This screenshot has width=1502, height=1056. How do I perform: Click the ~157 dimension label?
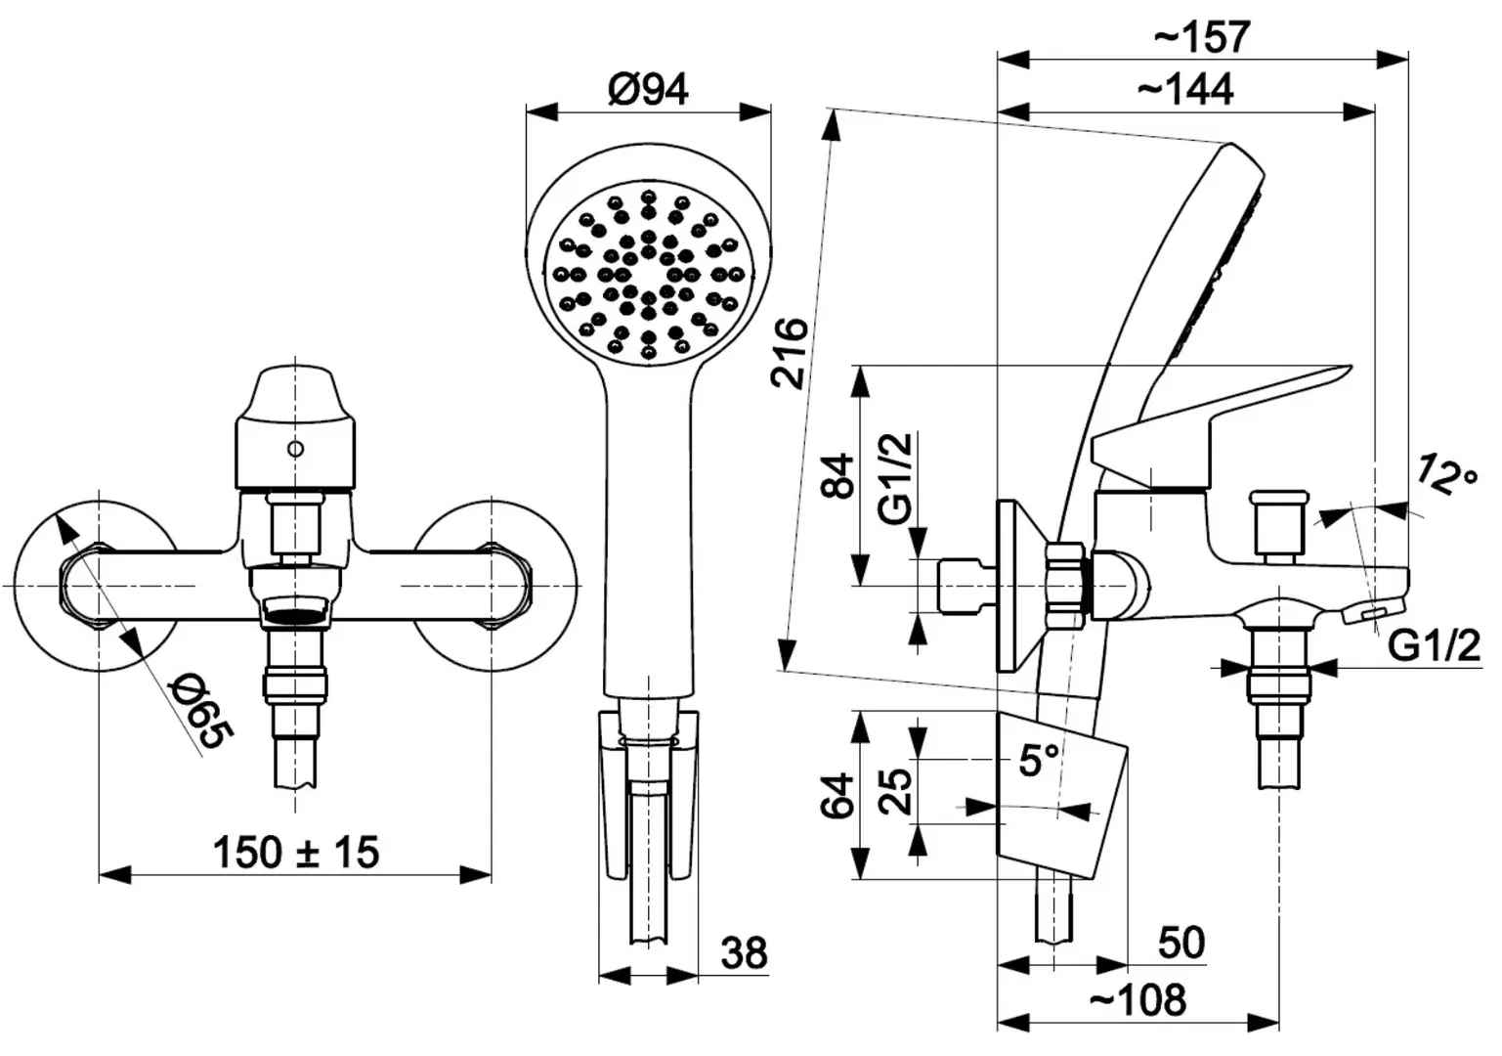click(x=1202, y=37)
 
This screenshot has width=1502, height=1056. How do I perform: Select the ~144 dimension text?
click(x=1185, y=89)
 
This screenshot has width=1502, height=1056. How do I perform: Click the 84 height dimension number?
click(x=838, y=476)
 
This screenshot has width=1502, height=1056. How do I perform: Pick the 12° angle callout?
click(x=1446, y=475)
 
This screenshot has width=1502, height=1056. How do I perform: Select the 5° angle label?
click(x=1039, y=760)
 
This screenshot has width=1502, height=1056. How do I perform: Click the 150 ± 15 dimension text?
click(x=296, y=852)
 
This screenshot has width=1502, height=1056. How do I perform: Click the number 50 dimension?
click(x=1181, y=943)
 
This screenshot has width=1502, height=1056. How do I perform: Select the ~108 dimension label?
click(x=1137, y=1000)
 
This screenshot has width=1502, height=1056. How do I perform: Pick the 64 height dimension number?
click(x=838, y=795)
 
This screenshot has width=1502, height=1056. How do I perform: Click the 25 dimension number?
click(x=896, y=792)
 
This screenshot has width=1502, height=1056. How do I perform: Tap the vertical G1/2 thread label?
click(x=896, y=478)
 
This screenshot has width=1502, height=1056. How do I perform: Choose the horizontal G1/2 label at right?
click(x=1434, y=646)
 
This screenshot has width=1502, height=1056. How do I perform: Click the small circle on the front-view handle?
click(x=295, y=448)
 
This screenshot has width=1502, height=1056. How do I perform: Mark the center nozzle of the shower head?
click(x=649, y=275)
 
